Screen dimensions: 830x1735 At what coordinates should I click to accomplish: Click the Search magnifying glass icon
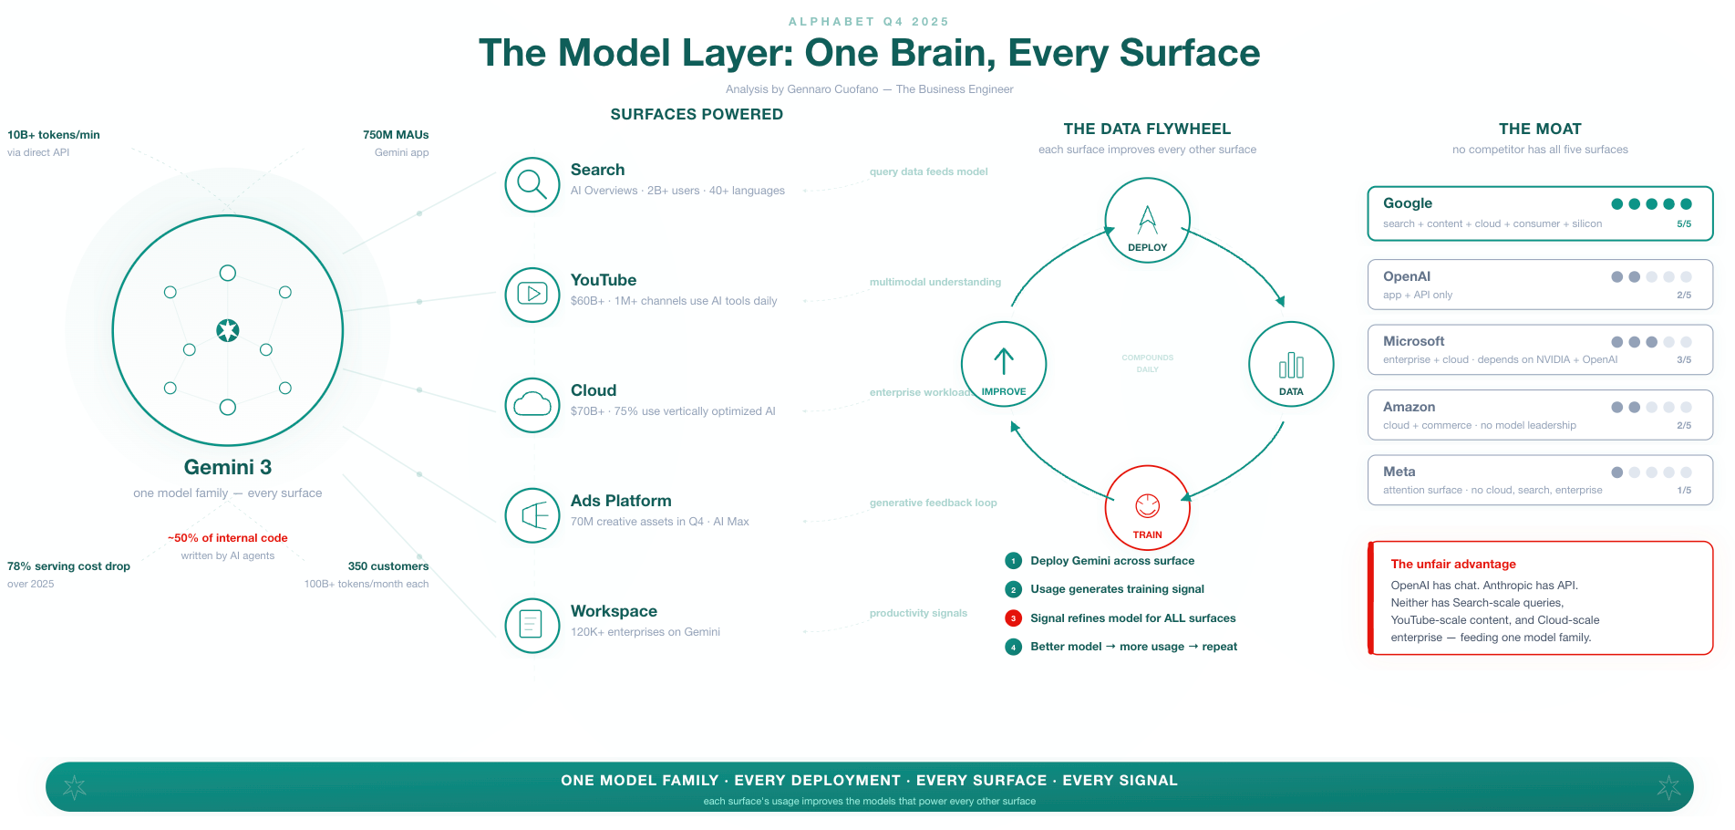[532, 184]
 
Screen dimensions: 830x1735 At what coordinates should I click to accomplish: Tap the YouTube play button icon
[532, 295]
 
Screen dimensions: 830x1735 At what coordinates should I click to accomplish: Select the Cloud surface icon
[532, 405]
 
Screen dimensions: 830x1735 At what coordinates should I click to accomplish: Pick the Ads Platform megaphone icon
[532, 515]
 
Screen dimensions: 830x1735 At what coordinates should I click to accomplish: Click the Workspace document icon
[532, 626]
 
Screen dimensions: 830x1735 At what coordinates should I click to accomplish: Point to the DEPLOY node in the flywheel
[1147, 221]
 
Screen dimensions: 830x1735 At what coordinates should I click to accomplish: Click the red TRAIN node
[1147, 508]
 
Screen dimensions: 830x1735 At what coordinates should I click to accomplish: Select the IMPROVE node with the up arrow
[1004, 364]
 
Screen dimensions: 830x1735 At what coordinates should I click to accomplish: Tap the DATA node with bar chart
[1291, 364]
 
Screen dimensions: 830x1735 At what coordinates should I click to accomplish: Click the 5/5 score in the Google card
[1684, 224]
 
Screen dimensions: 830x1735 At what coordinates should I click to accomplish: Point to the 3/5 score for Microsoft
[1684, 360]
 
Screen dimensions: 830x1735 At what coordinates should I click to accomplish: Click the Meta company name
[1399, 472]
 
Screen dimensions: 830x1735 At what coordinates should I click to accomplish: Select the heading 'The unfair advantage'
[1453, 565]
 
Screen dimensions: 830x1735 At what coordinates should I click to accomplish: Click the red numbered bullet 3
[1013, 618]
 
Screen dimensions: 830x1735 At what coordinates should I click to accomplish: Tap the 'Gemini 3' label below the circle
[228, 468]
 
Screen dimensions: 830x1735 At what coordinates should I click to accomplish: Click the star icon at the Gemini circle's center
[228, 330]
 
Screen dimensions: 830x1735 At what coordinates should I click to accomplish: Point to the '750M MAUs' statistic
[396, 135]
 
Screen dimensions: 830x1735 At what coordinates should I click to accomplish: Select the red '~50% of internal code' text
[228, 538]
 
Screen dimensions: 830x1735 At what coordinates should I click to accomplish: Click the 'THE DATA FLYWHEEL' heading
[1147, 130]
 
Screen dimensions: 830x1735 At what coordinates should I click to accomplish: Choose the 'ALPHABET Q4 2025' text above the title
[868, 22]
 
